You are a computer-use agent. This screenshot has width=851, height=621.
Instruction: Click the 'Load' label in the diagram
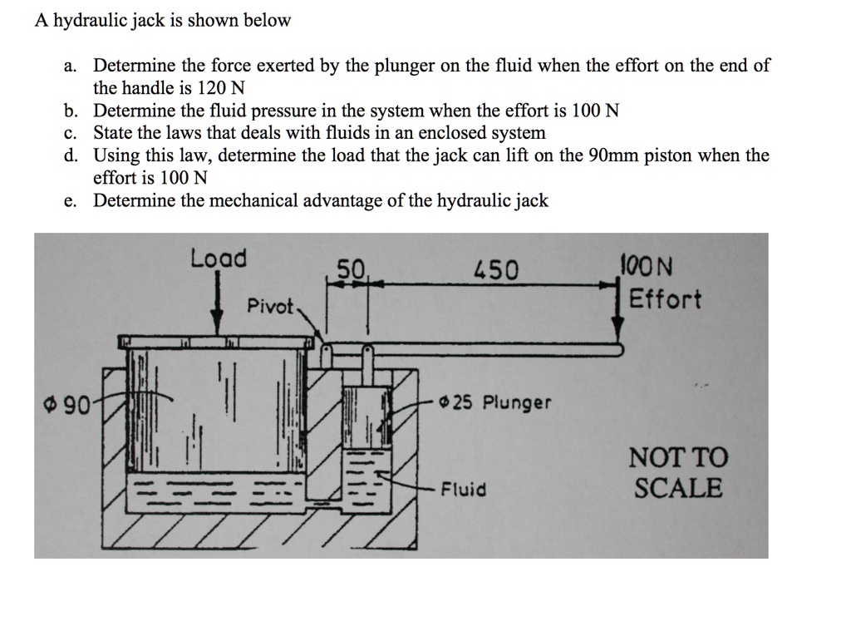pos(219,259)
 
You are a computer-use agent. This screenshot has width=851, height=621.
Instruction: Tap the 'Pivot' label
pos(271,306)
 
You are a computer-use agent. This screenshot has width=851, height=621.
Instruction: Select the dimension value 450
pos(495,270)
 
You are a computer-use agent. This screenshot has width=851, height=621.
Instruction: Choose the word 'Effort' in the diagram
pos(665,299)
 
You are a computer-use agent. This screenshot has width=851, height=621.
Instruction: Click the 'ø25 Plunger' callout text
pos(495,403)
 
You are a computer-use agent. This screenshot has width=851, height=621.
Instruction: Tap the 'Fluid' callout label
pos(463,490)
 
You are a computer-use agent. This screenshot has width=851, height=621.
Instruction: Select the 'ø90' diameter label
pos(66,407)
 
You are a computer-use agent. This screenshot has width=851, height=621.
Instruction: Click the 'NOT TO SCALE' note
pos(678,472)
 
